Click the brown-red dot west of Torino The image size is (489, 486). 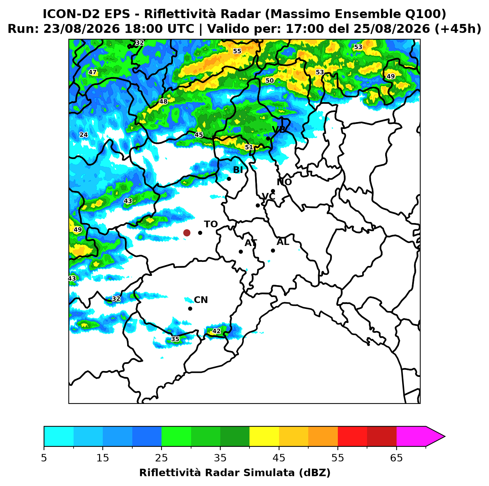tap(187, 232)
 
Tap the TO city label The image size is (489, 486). tap(211, 224)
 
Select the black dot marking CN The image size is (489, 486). tap(190, 308)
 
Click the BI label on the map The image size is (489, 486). tap(238, 170)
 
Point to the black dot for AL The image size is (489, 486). tap(273, 250)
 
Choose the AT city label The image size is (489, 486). tap(251, 243)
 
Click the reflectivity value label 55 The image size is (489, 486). tap(237, 51)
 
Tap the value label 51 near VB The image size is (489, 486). tap(249, 147)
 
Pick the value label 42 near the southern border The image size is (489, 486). tap(216, 331)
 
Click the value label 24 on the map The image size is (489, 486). tap(84, 135)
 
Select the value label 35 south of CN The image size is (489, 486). tap(175, 339)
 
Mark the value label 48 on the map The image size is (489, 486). tap(163, 101)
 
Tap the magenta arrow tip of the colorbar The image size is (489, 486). tap(445, 436)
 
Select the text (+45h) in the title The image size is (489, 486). tap(458, 29)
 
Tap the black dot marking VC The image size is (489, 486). tap(258, 205)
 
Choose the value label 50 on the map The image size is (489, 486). tap(269, 81)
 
